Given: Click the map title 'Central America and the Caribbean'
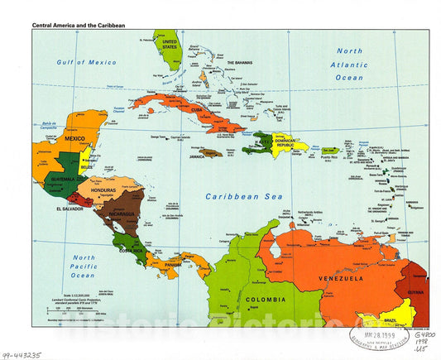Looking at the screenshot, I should click(79, 26).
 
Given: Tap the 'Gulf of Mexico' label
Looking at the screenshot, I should click(87, 62).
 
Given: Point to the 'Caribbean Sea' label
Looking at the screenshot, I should click(244, 197).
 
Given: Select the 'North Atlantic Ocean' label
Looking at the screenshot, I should click(349, 64).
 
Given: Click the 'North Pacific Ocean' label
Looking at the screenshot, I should click(84, 266).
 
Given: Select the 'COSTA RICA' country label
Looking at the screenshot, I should click(132, 248).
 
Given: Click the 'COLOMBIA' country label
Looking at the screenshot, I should click(265, 299).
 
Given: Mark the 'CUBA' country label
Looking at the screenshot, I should click(197, 109).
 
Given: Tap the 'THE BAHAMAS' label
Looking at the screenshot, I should click(239, 63).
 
